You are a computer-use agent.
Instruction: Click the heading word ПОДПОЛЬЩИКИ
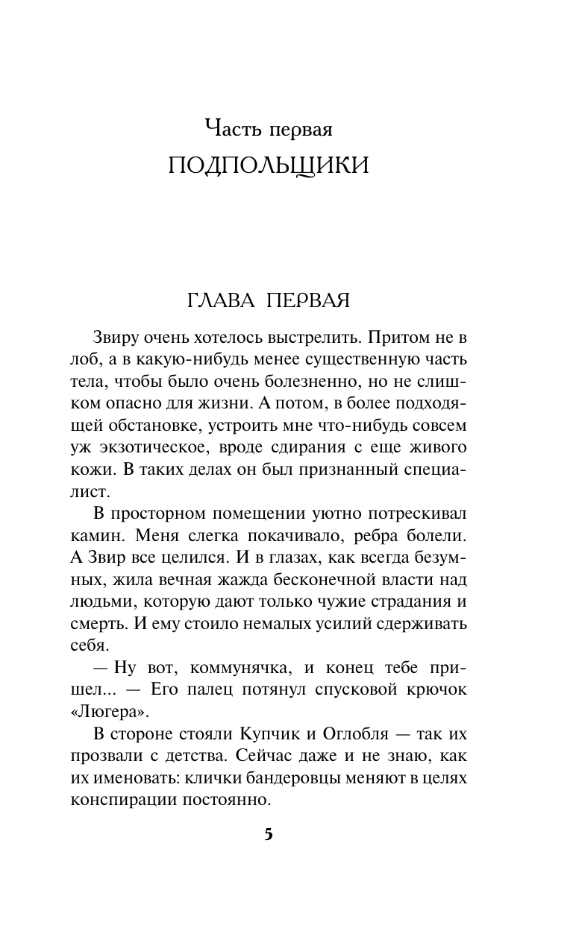tap(268, 166)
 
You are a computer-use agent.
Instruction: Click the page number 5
tap(269, 834)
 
